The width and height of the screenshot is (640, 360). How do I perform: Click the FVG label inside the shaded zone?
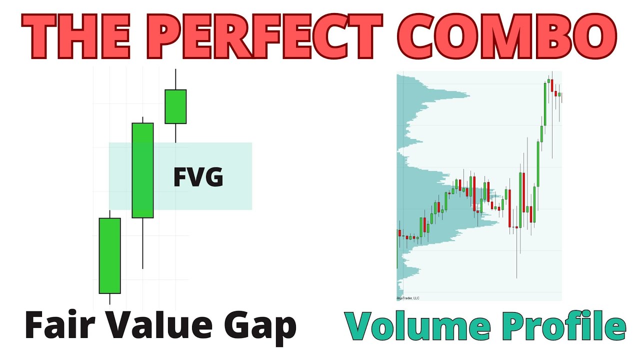tap(198, 177)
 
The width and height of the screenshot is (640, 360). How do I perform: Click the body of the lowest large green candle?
tap(109, 255)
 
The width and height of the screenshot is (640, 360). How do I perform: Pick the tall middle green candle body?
tap(142, 170)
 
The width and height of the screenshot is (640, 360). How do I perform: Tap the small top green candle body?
tap(175, 106)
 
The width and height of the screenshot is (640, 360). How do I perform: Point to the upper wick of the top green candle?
tap(175, 79)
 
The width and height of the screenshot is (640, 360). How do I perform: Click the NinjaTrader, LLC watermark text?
tap(408, 298)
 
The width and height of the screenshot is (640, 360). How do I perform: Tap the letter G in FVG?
tap(213, 177)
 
